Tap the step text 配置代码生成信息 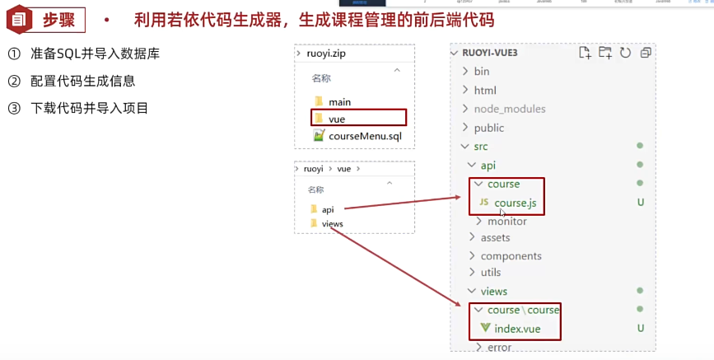[x=82, y=81]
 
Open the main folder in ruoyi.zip [x=338, y=102]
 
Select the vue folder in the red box [x=336, y=119]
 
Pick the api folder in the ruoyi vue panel [x=327, y=208]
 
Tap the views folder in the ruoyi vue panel [x=332, y=223]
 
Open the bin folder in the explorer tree [x=481, y=72]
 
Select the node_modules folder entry [x=509, y=109]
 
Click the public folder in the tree [x=488, y=128]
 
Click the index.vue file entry [x=517, y=329]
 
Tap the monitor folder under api [x=506, y=221]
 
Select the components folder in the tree [x=511, y=255]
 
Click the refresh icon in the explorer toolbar [x=625, y=53]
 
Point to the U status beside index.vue [x=640, y=329]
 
